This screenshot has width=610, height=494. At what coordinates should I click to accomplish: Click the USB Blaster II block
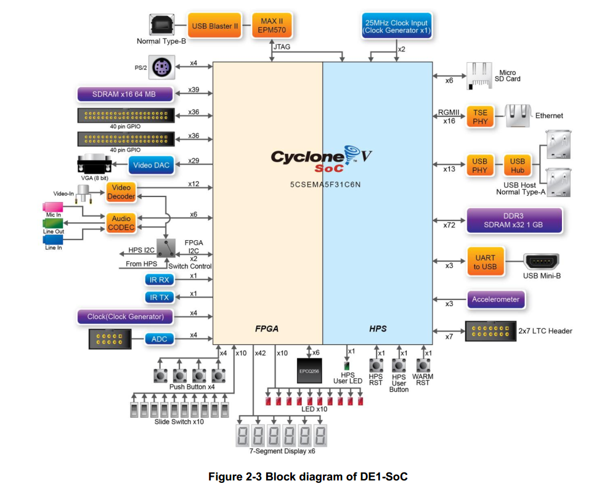click(215, 26)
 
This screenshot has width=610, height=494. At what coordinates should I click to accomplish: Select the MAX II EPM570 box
click(271, 26)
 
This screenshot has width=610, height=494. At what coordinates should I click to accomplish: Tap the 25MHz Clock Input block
click(396, 26)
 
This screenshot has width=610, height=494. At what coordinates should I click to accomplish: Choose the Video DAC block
click(152, 164)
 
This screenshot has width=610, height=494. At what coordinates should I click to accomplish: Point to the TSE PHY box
click(481, 116)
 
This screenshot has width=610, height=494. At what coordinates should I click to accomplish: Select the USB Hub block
click(518, 165)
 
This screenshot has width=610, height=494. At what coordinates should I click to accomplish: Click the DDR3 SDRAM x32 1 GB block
click(514, 220)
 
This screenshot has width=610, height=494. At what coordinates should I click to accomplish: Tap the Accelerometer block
click(495, 300)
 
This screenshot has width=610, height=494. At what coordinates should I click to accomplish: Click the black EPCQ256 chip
click(309, 371)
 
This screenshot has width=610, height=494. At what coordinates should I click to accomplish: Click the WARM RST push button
click(423, 365)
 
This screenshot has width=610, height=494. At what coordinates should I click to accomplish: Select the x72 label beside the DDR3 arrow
click(449, 225)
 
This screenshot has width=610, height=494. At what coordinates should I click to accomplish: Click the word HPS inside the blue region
click(378, 329)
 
